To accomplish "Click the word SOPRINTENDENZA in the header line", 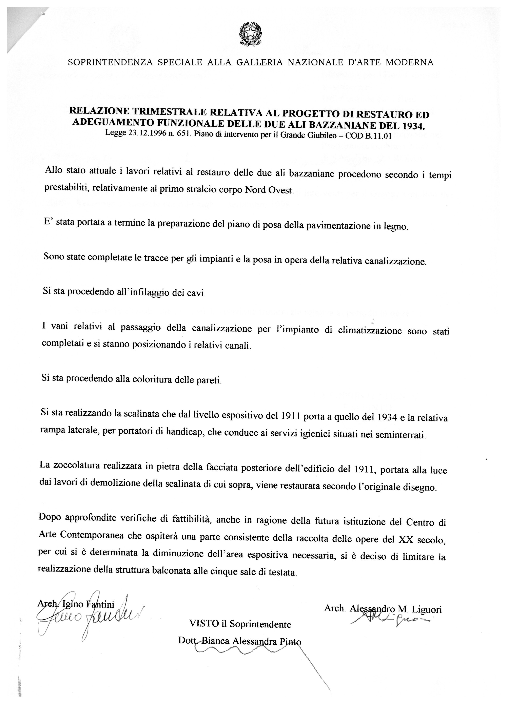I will pos(110,62).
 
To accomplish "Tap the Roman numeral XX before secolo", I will pos(405,540).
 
